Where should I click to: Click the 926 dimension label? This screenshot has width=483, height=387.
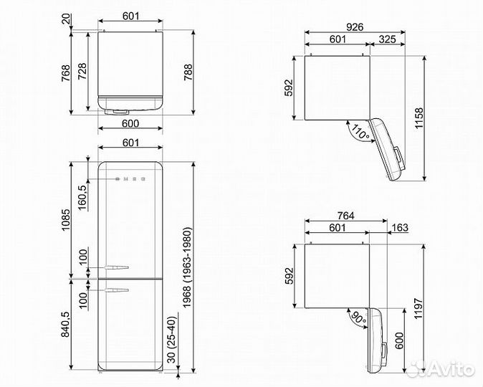(x=355, y=27)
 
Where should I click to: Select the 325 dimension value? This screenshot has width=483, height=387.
(x=387, y=39)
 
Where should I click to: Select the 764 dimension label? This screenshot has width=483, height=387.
(x=346, y=216)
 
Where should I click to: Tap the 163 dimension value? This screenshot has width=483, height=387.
(x=399, y=228)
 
